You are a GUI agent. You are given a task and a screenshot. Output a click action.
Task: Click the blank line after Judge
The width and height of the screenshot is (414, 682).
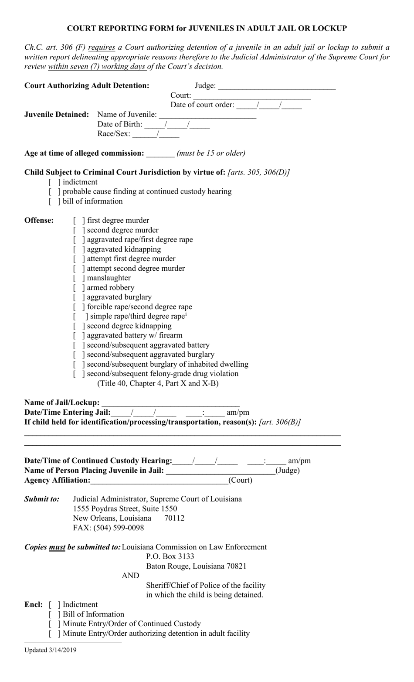pyautogui.click(x=277, y=86)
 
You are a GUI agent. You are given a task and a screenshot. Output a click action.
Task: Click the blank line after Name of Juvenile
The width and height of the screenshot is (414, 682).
pyautogui.click(x=207, y=115)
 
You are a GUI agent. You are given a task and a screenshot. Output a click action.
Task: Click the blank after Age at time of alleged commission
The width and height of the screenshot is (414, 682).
pyautogui.click(x=160, y=153)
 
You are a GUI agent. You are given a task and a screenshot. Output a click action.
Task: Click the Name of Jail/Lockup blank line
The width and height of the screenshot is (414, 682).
pyautogui.click(x=170, y=403)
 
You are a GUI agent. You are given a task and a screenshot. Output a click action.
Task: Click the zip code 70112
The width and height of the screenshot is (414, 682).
pyautogui.click(x=174, y=518)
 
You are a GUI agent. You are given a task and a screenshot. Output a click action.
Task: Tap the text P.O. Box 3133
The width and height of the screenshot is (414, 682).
pyautogui.click(x=170, y=556)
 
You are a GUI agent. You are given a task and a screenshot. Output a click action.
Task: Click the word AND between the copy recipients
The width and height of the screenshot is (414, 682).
pyautogui.click(x=130, y=576)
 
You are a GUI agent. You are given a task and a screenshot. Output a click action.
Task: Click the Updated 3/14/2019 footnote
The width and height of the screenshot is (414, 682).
pyautogui.click(x=50, y=650)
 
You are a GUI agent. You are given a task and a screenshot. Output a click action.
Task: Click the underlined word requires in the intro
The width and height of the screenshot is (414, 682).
pyautogui.click(x=102, y=48)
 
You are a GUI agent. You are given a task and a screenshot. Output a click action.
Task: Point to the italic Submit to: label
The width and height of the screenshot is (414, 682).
pyautogui.click(x=42, y=499)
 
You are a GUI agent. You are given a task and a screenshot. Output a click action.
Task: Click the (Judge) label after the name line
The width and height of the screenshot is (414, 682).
pyautogui.click(x=288, y=471)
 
